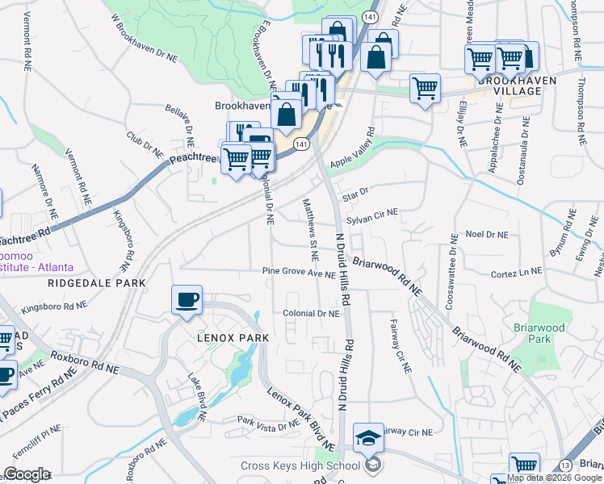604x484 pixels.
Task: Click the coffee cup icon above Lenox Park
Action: pyautogui.click(x=187, y=300)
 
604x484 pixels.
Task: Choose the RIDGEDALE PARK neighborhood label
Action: pyautogui.click(x=97, y=283)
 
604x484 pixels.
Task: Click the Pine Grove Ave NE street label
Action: pyautogui.click(x=299, y=273)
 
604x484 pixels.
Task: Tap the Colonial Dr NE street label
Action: pyautogui.click(x=311, y=313)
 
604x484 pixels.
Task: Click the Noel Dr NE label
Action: pyautogui.click(x=487, y=234)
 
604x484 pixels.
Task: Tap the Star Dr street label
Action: pyautogui.click(x=355, y=194)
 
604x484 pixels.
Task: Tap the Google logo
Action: pyautogui.click(x=26, y=474)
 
